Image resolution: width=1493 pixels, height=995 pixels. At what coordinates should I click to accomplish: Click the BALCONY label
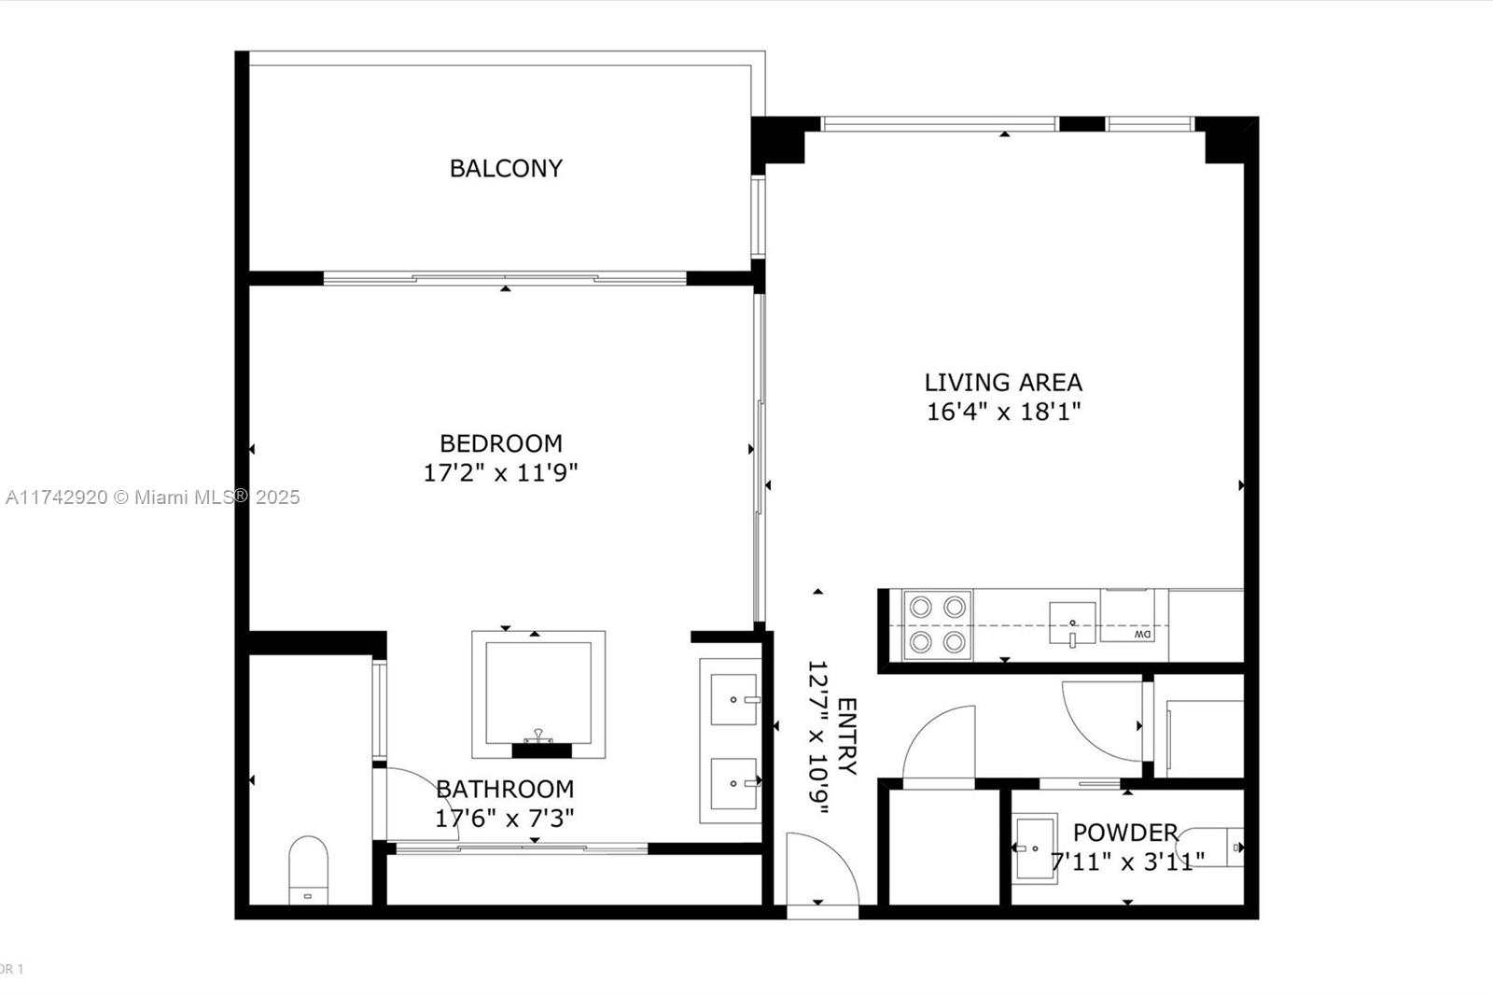point(506,168)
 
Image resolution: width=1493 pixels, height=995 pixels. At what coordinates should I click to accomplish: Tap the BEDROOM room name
point(501,443)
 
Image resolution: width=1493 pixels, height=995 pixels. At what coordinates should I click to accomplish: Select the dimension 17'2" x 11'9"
point(500,473)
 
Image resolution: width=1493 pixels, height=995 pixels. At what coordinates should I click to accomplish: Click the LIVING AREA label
point(1003,382)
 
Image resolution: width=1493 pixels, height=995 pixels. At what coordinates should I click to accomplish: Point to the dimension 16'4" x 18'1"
point(1003,412)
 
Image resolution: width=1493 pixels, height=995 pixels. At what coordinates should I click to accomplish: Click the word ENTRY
point(847,736)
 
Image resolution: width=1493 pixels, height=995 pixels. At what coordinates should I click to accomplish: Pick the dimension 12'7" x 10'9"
point(817,737)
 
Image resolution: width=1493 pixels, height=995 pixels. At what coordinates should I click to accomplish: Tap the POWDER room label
point(1125,833)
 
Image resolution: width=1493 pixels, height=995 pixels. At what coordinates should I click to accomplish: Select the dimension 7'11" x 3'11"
point(1127,862)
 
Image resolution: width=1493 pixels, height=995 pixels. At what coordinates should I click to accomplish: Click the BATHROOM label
point(505,789)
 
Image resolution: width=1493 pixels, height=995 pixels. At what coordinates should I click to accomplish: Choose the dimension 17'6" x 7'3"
point(505,819)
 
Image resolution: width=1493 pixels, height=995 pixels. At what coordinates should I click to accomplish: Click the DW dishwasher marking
point(1143,634)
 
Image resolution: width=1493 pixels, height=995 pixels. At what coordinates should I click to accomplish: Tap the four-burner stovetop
point(937,624)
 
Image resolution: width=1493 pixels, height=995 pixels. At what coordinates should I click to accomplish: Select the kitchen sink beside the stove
point(1072,623)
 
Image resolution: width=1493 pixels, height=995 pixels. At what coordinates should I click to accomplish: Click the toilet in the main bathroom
point(308,870)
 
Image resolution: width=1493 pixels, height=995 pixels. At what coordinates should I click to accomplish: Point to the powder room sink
point(1035,848)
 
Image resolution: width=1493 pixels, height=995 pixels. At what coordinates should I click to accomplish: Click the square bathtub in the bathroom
point(538,694)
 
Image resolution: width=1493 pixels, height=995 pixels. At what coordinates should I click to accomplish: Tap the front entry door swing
point(822,869)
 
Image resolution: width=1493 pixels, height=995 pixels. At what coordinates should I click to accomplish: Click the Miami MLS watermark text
point(153,497)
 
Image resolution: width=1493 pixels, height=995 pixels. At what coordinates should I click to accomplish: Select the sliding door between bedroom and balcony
point(505,278)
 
